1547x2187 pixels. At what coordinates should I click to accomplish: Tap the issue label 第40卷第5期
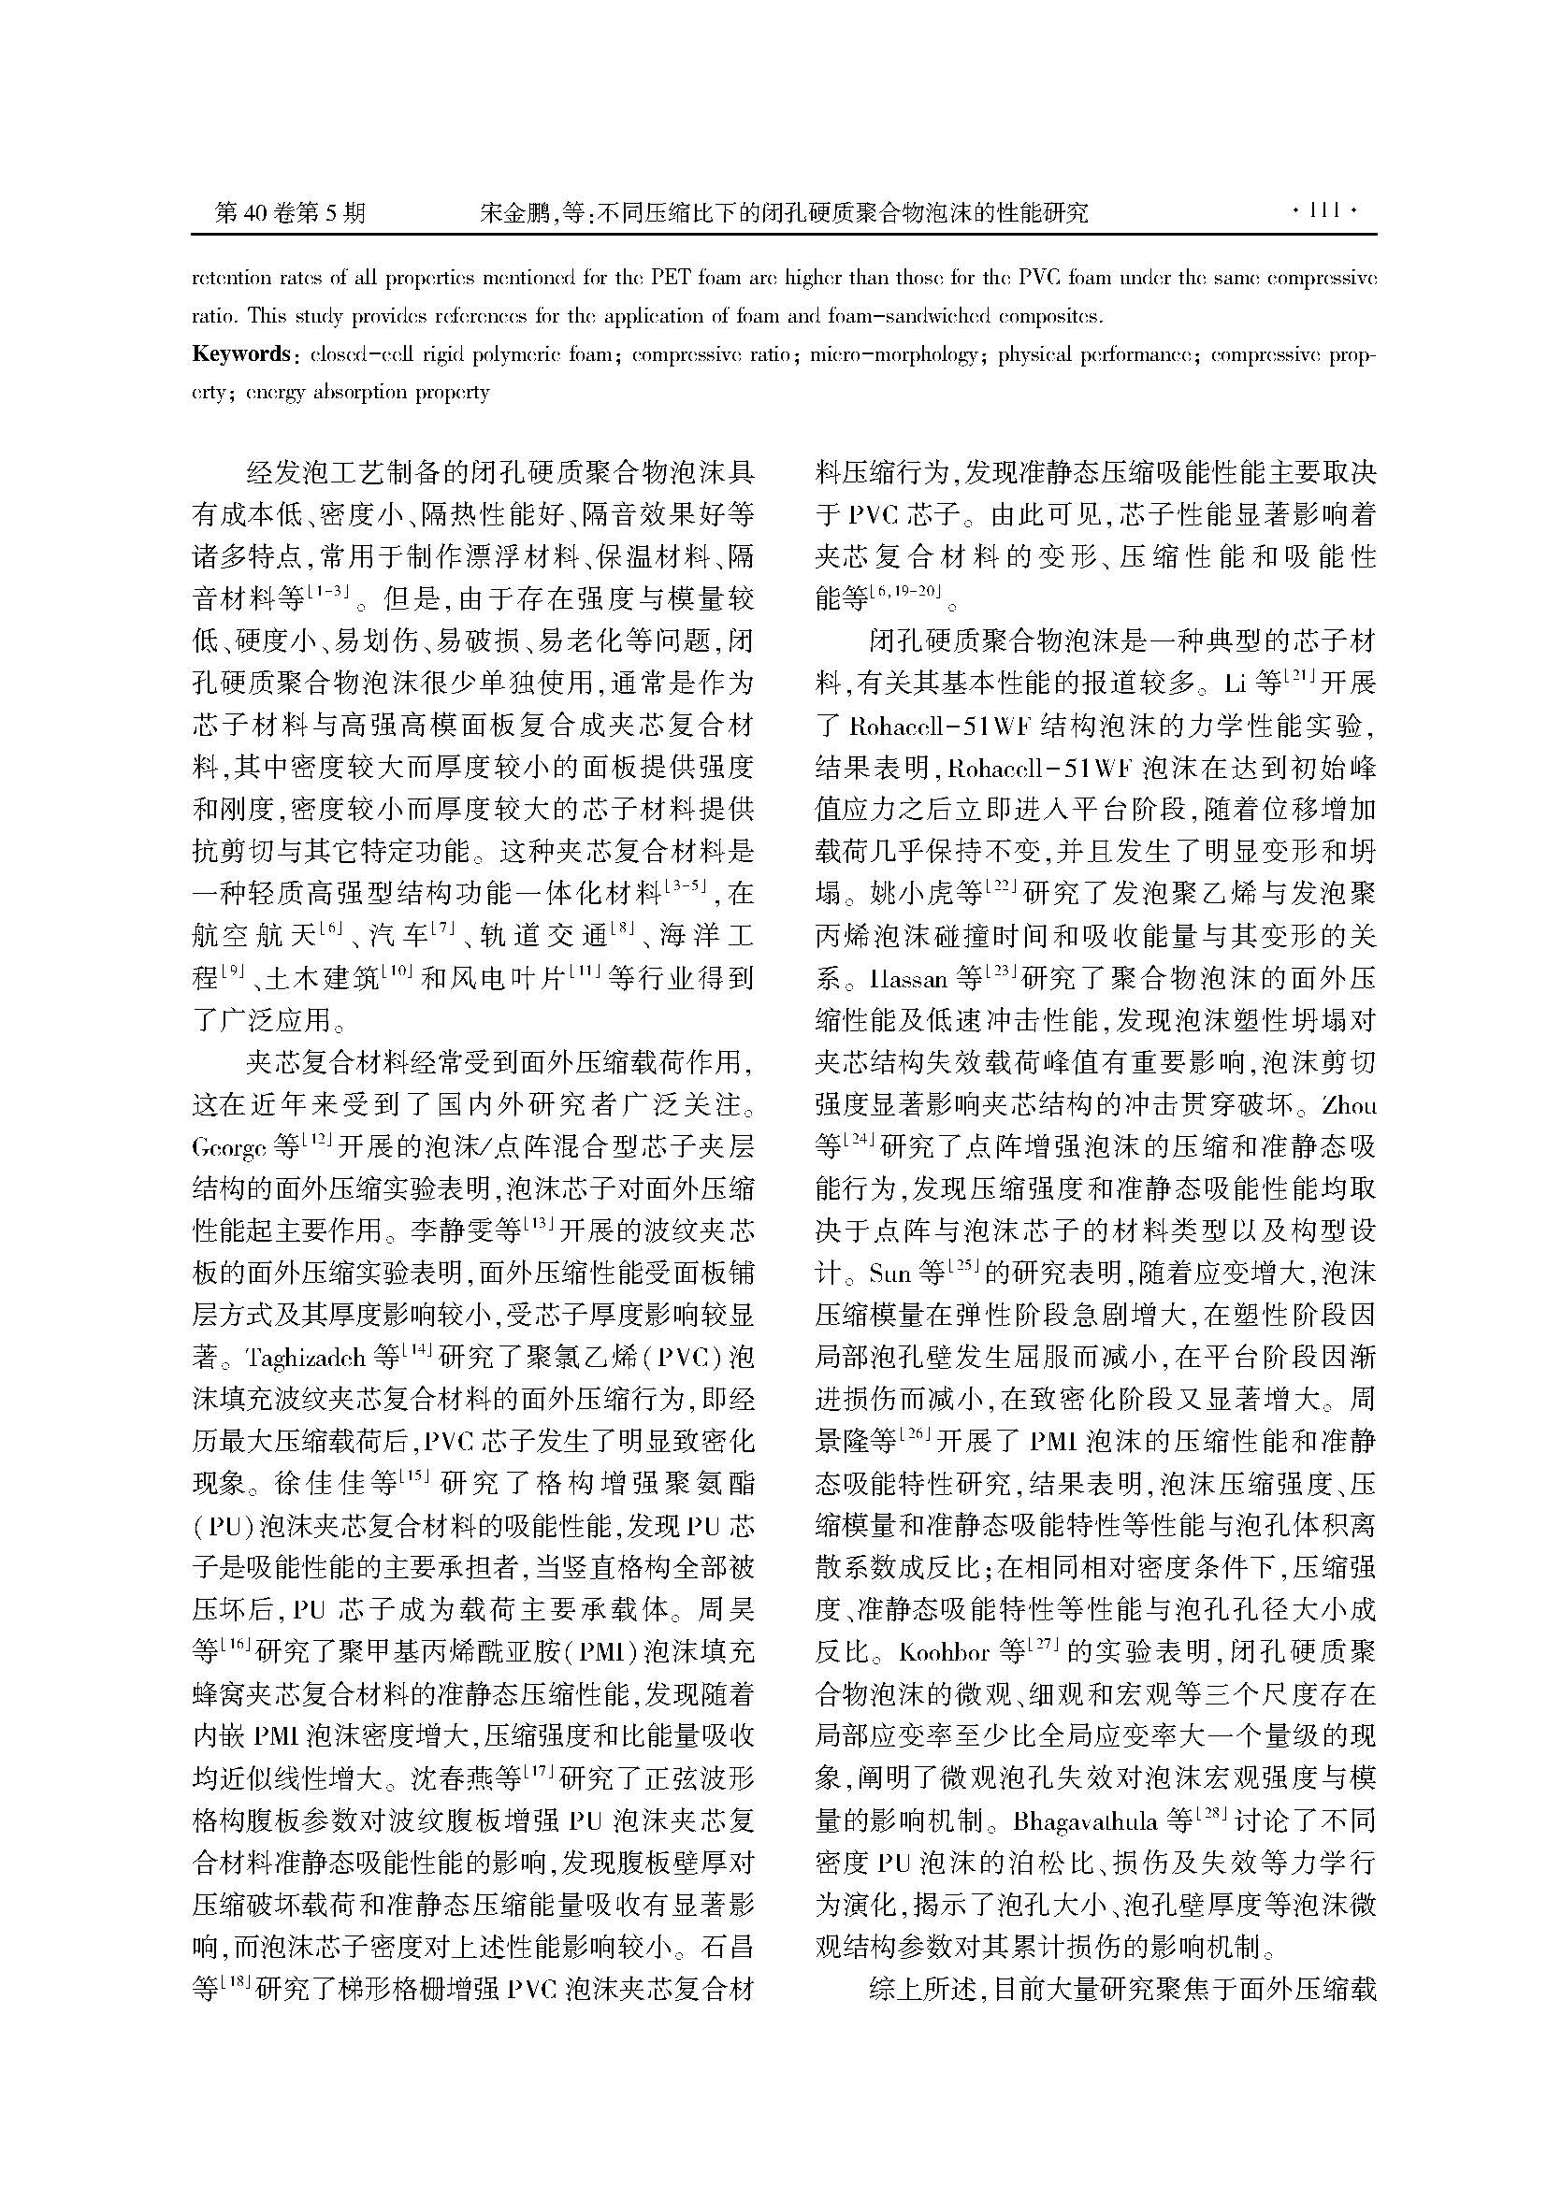click(x=291, y=212)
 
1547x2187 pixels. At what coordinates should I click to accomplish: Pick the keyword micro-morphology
click(x=893, y=355)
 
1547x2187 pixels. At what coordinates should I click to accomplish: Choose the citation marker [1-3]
click(x=328, y=592)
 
